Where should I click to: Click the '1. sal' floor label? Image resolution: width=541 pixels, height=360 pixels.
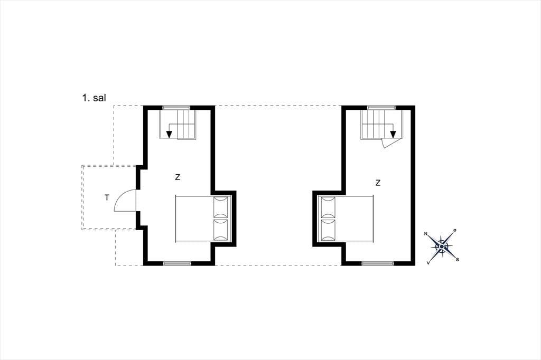pyautogui.click(x=94, y=98)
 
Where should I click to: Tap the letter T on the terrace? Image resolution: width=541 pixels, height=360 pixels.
pyautogui.click(x=107, y=197)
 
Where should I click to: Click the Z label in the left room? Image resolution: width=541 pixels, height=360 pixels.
pyautogui.click(x=178, y=177)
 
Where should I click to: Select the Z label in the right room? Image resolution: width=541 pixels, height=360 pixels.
pyautogui.click(x=378, y=183)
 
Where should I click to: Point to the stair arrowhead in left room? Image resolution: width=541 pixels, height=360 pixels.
pyautogui.click(x=169, y=135)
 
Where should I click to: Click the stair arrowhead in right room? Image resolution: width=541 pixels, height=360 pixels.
pyautogui.click(x=393, y=135)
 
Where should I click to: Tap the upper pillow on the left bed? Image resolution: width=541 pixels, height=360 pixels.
pyautogui.click(x=221, y=206)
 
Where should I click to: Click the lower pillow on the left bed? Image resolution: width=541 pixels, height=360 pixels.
pyautogui.click(x=221, y=229)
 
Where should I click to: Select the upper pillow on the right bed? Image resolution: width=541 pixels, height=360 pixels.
pyautogui.click(x=328, y=206)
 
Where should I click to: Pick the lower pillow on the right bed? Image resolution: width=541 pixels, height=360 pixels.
pyautogui.click(x=328, y=229)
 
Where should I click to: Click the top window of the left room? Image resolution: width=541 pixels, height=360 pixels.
pyautogui.click(x=176, y=108)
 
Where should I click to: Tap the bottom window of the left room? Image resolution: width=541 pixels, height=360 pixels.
pyautogui.click(x=177, y=263)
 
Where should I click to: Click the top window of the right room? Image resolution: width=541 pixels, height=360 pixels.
pyautogui.click(x=381, y=108)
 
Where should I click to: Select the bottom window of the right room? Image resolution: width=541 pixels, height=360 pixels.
pyautogui.click(x=378, y=263)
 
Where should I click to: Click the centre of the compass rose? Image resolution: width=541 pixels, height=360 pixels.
pyautogui.click(x=442, y=247)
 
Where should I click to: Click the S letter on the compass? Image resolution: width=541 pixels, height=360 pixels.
pyautogui.click(x=458, y=260)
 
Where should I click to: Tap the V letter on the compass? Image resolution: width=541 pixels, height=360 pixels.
pyautogui.click(x=428, y=263)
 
